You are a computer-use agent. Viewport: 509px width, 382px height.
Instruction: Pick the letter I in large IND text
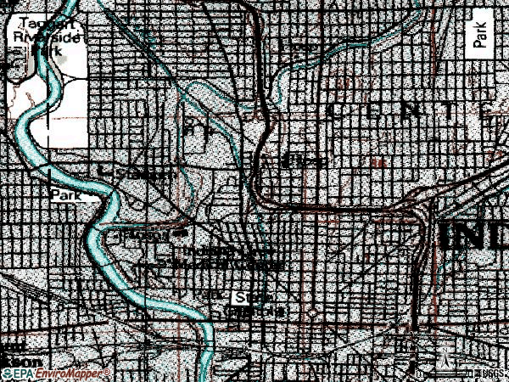click(446, 236)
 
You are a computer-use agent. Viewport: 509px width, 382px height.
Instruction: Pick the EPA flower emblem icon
click(7, 372)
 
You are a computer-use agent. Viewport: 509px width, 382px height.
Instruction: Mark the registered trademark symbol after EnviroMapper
click(105, 371)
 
